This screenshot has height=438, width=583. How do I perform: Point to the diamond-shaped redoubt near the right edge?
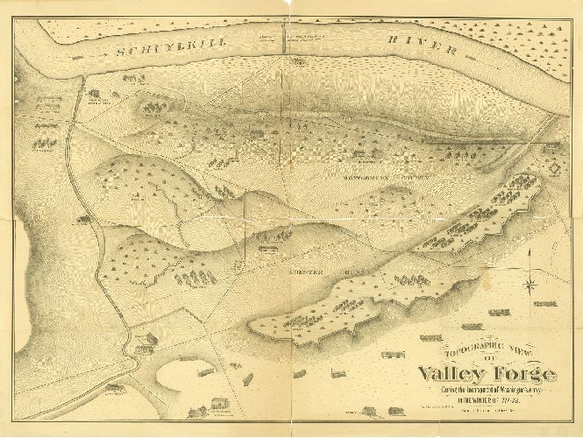(x=555, y=165)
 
